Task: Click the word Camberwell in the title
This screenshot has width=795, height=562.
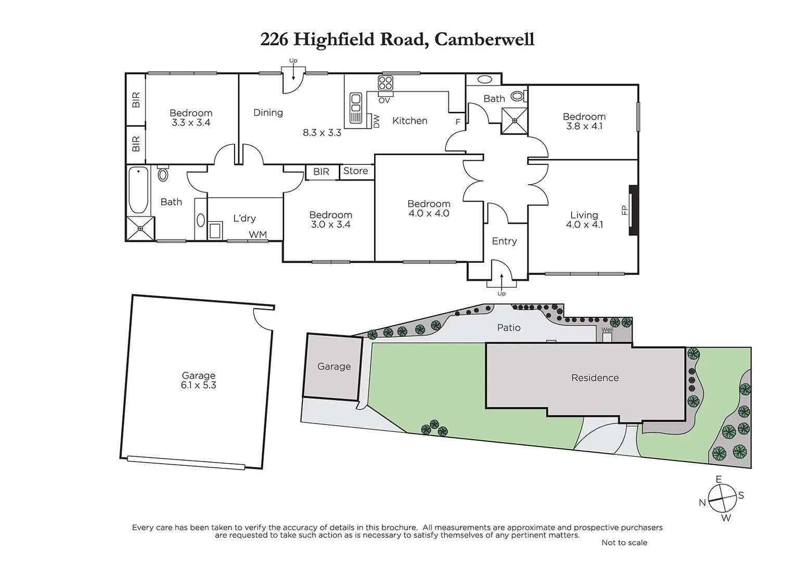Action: coord(484,40)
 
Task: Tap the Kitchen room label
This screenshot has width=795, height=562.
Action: coord(409,121)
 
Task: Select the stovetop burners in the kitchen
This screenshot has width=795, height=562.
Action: coord(385,83)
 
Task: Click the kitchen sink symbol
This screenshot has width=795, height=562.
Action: coord(356,108)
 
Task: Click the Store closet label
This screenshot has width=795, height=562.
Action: coord(355,171)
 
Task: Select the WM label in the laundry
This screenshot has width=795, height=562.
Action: coord(258,235)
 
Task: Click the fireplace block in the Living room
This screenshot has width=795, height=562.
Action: coord(633,210)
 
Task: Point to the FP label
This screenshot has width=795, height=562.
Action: coord(625,210)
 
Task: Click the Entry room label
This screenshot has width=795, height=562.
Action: coord(504,241)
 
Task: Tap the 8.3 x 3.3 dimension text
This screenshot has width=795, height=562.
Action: coord(322,133)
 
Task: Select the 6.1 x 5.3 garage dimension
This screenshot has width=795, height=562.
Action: coord(198,386)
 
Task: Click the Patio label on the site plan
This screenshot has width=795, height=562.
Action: coord(508,327)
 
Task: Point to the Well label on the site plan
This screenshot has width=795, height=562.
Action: coord(607,330)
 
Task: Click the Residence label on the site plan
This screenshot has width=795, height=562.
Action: coord(595,378)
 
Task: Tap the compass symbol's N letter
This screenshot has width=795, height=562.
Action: coord(702,502)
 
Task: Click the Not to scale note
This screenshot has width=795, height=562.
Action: coord(624,542)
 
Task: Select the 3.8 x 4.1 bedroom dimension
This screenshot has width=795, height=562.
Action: coord(584,126)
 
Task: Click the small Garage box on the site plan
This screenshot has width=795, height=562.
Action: coord(334,367)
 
